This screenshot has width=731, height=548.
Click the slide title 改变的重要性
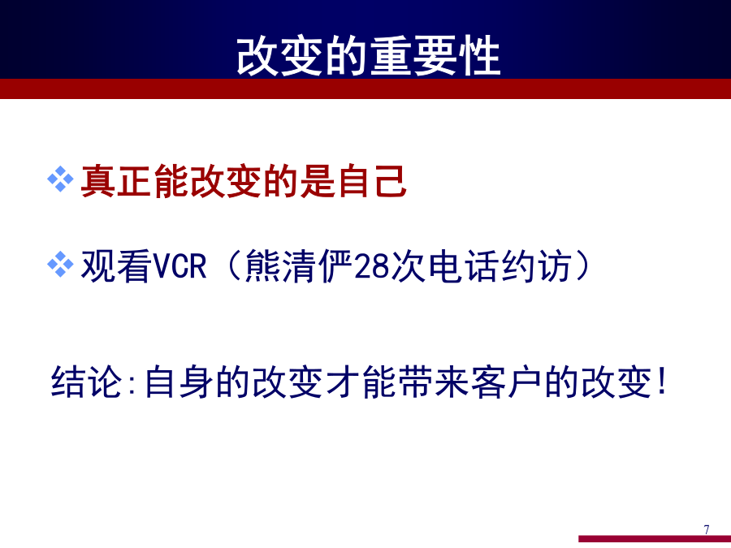[368, 56]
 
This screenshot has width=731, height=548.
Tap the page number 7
[707, 529]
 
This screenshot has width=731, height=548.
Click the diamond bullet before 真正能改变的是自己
[61, 179]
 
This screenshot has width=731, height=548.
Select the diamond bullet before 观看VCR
[61, 264]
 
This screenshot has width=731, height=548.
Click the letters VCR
[180, 266]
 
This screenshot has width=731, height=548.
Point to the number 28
[372, 266]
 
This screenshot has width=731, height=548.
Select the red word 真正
[116, 181]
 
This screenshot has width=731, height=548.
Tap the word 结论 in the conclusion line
[86, 382]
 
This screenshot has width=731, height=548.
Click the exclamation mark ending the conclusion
[660, 381]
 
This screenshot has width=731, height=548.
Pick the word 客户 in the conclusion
[506, 382]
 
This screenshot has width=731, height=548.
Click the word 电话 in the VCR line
[464, 266]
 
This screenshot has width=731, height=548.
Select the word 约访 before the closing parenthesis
[537, 266]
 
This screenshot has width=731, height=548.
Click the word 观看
[116, 266]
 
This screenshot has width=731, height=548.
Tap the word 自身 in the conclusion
[179, 382]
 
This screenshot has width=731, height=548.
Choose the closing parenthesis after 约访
[582, 266]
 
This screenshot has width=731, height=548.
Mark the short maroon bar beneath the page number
[655, 539]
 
